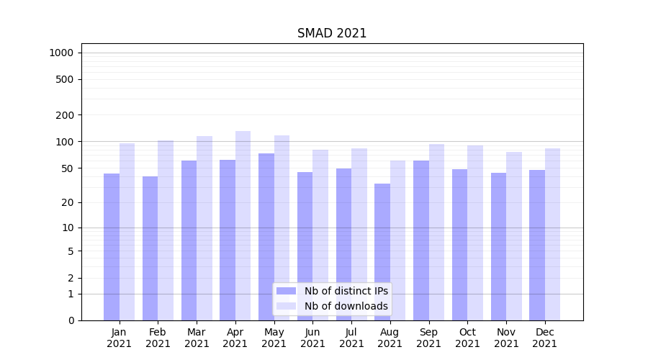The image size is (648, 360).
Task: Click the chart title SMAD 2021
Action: point(332,34)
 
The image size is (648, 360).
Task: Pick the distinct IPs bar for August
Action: point(382,252)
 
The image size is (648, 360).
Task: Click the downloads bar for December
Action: point(552,234)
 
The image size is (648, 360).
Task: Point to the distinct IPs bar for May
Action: point(266,237)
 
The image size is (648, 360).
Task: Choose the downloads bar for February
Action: point(166,230)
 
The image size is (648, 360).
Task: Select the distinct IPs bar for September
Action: point(421,240)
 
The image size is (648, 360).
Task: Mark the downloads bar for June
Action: point(320,235)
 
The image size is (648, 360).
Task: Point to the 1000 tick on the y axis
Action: point(61,53)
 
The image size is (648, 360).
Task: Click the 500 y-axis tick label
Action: point(65,79)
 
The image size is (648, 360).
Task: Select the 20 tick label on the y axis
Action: point(67,202)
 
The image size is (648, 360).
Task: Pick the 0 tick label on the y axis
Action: point(71,320)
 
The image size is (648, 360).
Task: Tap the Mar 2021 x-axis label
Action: point(197,338)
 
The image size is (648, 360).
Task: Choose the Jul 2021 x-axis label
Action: point(351,338)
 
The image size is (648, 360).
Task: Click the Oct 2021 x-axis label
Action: point(467,338)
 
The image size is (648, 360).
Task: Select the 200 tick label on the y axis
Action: point(65,115)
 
